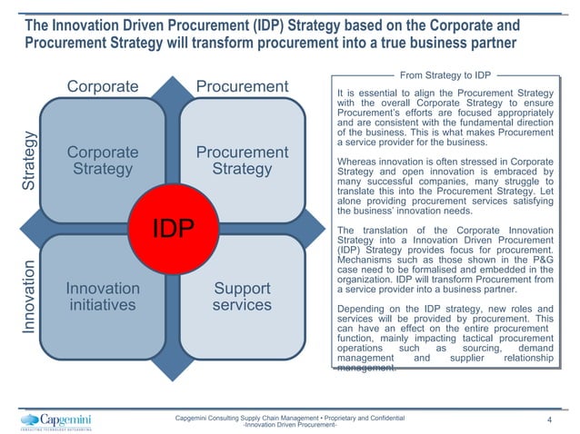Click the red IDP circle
pyautogui.click(x=173, y=228)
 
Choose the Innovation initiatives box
pyautogui.click(x=103, y=296)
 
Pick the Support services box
pyautogui.click(x=242, y=296)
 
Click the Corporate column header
pyautogui.click(x=103, y=87)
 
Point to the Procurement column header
pyautogui.click(x=242, y=87)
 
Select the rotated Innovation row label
pyautogui.click(x=29, y=296)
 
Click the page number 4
pyautogui.click(x=550, y=420)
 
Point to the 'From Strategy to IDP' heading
pyautogui.click(x=446, y=74)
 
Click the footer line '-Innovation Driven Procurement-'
pyautogui.click(x=290, y=425)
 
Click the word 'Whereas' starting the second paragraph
pyautogui.click(x=358, y=162)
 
